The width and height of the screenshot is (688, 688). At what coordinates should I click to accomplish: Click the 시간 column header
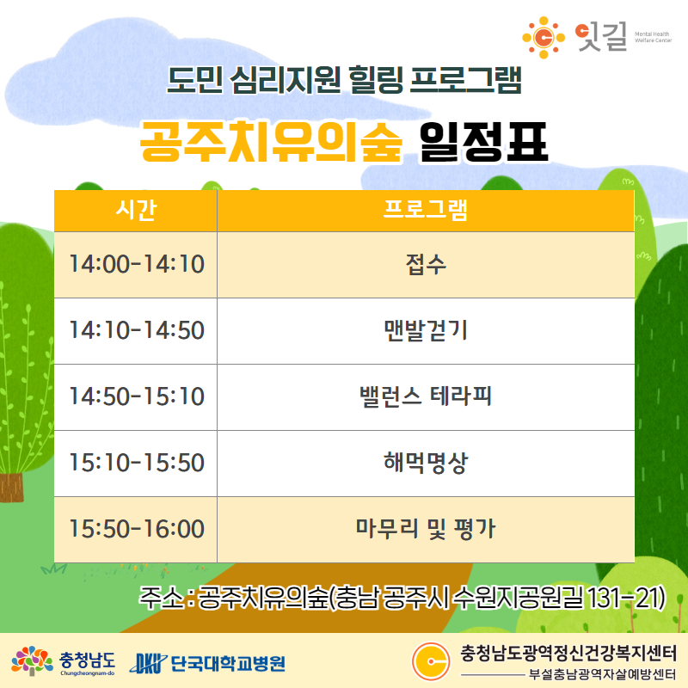point(136,211)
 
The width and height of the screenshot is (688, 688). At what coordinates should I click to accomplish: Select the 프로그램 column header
point(426,211)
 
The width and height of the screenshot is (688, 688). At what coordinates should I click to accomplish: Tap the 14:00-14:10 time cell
point(136,265)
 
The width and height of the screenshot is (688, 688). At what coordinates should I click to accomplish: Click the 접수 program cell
point(426,265)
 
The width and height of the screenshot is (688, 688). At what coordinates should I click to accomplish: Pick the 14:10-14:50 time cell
point(136,331)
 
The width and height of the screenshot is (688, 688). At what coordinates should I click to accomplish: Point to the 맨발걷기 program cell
point(426,331)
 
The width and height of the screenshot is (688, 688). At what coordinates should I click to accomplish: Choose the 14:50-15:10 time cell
point(136,397)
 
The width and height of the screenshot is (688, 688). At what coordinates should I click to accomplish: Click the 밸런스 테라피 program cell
point(426,397)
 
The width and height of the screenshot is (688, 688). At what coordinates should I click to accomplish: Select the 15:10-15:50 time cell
point(136,464)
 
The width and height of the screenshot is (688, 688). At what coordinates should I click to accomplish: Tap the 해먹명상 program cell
point(426,464)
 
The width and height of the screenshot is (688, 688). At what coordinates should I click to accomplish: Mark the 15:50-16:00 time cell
point(136,530)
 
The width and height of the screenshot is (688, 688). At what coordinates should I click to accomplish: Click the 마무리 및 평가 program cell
point(426,530)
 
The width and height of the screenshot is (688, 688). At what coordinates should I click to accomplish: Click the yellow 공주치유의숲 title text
point(271,142)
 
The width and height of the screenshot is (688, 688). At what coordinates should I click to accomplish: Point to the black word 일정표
point(484,142)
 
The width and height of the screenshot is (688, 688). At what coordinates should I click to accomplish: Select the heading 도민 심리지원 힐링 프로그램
point(345,80)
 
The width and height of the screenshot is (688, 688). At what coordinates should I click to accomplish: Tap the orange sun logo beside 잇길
point(544,38)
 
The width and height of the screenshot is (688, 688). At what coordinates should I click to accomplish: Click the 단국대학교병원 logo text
point(227,663)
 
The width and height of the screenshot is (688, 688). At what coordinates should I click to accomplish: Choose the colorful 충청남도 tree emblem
point(32,660)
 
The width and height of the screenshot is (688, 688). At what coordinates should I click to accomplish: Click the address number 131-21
point(626,598)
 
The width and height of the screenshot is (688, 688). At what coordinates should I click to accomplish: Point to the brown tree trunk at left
point(11,488)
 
